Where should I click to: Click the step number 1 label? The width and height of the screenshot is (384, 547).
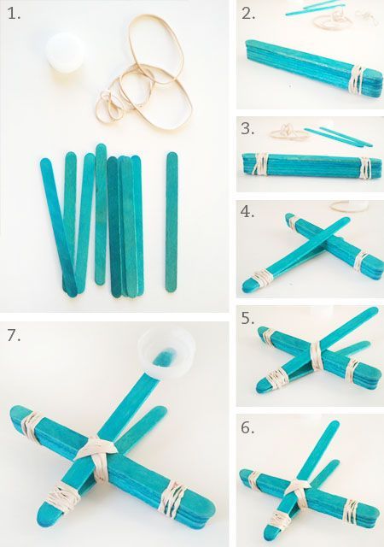14,14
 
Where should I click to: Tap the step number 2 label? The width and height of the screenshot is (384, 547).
248,14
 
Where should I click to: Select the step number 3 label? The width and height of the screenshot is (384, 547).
247,129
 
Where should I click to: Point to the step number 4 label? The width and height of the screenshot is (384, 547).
247,212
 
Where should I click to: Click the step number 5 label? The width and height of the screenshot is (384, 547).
247,319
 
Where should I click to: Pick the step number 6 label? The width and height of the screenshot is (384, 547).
247,427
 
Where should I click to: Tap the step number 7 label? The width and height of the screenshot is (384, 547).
14,335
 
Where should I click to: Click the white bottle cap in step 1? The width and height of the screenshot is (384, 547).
66,52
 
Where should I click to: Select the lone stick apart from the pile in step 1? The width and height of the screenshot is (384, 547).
172,222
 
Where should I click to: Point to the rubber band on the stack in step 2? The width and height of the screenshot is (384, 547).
357,80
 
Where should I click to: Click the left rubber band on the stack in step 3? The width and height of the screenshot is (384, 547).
259,164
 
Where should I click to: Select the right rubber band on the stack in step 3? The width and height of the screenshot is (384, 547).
365,168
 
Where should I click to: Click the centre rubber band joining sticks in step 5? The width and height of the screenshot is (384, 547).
317,356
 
